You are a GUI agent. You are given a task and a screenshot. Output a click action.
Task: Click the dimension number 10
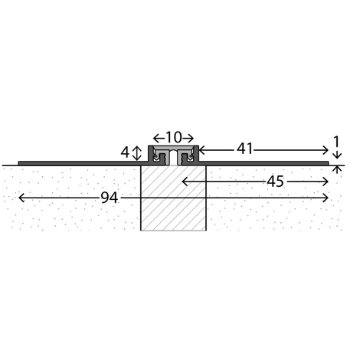pyautogui.click(x=174, y=137)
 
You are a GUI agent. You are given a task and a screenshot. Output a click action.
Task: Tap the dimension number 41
pyautogui.click(x=244, y=149)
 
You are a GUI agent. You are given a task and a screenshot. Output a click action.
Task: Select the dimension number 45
pyautogui.click(x=275, y=182)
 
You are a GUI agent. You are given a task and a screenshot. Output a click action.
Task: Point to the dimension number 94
pyautogui.click(x=110, y=198)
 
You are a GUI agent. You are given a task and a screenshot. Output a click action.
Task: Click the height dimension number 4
pyautogui.click(x=125, y=152)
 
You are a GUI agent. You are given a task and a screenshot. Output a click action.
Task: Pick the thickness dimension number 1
pyautogui.click(x=337, y=142)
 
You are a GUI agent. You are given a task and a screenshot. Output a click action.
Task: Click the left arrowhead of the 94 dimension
pyautogui.click(x=21, y=198)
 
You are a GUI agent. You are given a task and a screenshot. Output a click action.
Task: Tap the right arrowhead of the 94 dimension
pyautogui.click(x=326, y=198)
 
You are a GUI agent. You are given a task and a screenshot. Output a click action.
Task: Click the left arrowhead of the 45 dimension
pyautogui.click(x=185, y=182)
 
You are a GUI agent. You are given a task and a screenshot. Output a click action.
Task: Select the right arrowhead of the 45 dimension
pyautogui.click(x=326, y=182)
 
